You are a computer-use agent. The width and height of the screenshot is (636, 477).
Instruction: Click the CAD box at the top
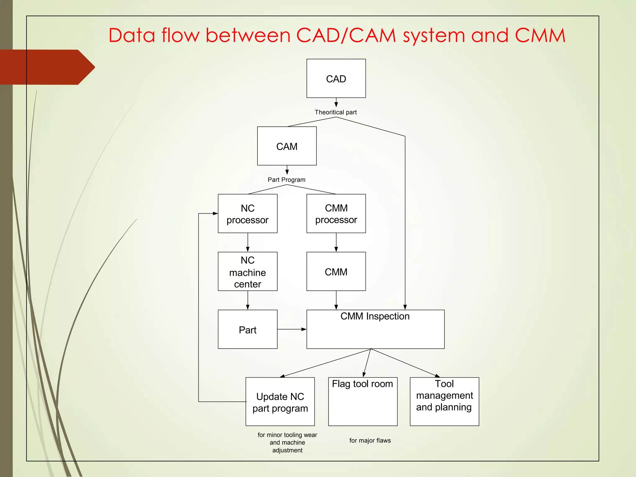336,79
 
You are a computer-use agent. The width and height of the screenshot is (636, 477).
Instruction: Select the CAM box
287,146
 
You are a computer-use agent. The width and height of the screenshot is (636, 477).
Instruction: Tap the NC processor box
248,214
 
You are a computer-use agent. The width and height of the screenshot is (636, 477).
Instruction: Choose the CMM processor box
336,214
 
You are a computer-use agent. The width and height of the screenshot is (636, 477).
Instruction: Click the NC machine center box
248,271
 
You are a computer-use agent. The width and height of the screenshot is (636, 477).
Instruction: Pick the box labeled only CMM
336,271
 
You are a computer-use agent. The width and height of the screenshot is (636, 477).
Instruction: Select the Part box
248,329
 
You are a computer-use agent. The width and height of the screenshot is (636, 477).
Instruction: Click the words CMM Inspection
375,316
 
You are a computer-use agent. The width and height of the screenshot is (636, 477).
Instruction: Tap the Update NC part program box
280,402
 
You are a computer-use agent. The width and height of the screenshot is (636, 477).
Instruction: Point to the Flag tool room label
362,384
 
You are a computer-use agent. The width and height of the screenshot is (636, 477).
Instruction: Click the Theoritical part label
336,112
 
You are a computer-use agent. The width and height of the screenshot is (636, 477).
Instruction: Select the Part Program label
286,180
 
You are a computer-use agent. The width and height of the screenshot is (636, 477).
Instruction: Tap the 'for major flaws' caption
370,440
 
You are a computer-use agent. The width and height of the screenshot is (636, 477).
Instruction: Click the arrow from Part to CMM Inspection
292,329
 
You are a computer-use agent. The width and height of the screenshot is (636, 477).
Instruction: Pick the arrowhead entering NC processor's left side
215,213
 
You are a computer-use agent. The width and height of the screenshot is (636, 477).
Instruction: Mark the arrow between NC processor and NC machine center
248,243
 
